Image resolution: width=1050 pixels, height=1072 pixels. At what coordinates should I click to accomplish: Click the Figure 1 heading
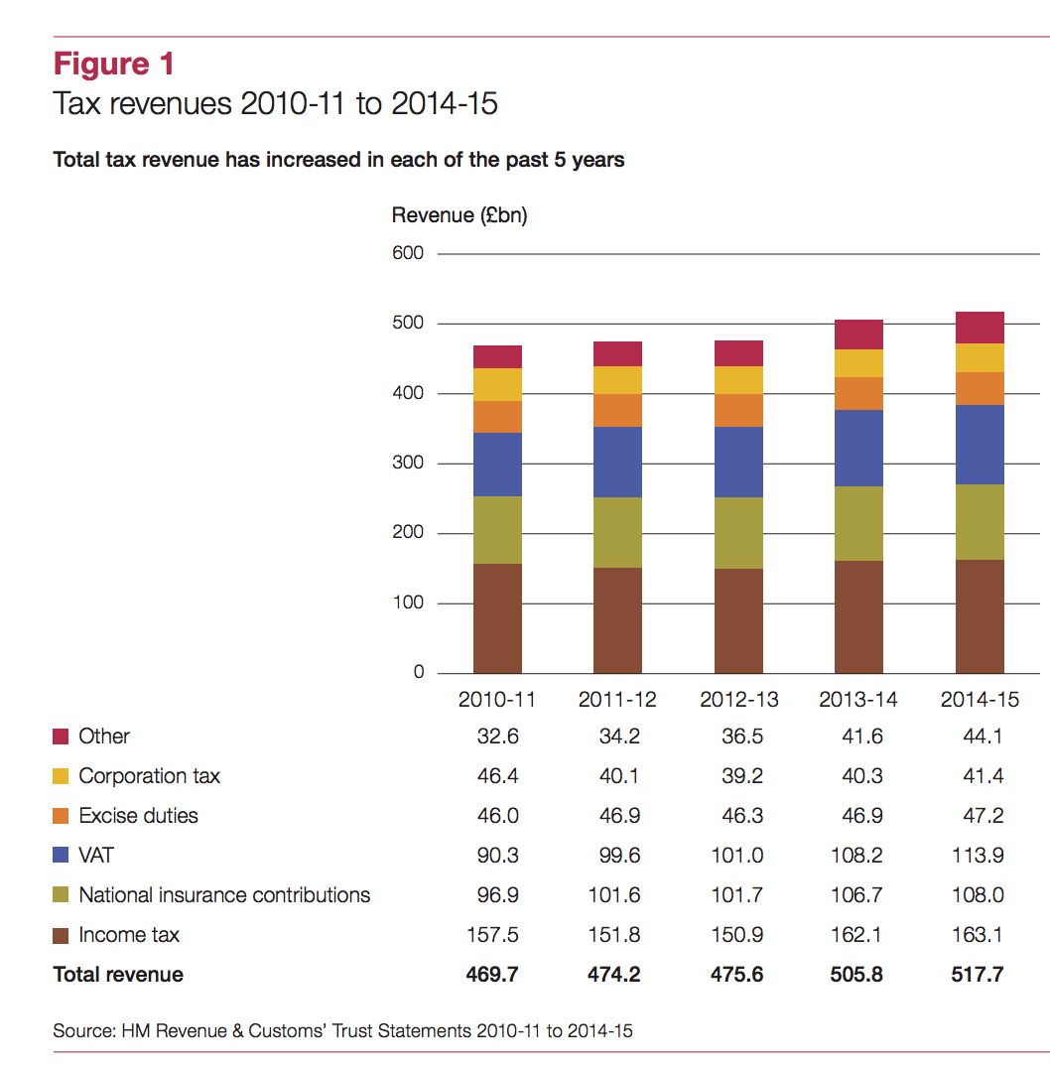(x=114, y=64)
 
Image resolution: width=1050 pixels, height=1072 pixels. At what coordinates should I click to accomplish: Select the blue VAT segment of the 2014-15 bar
(x=980, y=444)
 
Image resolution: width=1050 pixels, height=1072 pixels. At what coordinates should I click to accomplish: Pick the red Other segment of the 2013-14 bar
(x=858, y=335)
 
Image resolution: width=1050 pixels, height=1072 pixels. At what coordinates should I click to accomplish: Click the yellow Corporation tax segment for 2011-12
(x=617, y=380)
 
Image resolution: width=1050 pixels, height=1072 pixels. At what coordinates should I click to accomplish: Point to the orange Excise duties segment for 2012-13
(x=738, y=410)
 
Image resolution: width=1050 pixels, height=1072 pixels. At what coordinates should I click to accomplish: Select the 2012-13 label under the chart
(x=738, y=700)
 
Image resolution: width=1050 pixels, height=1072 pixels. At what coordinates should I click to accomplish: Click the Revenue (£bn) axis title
(x=459, y=215)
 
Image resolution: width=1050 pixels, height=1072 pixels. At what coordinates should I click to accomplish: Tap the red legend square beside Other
(x=62, y=737)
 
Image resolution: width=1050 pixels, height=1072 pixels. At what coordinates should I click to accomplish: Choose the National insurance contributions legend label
(x=224, y=895)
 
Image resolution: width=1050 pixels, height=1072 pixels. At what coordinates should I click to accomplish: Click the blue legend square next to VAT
(x=62, y=856)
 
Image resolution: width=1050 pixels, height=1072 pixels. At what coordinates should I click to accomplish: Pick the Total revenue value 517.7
(x=979, y=975)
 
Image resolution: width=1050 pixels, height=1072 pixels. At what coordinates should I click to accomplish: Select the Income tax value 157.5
(x=493, y=935)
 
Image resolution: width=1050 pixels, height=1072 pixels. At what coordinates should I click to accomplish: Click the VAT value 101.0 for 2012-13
(x=737, y=856)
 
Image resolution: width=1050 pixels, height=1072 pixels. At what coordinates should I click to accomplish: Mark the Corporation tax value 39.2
(x=740, y=776)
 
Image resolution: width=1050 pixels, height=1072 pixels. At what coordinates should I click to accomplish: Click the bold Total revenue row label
(x=118, y=975)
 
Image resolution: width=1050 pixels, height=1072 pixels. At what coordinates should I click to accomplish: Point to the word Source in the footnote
(x=81, y=1031)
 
